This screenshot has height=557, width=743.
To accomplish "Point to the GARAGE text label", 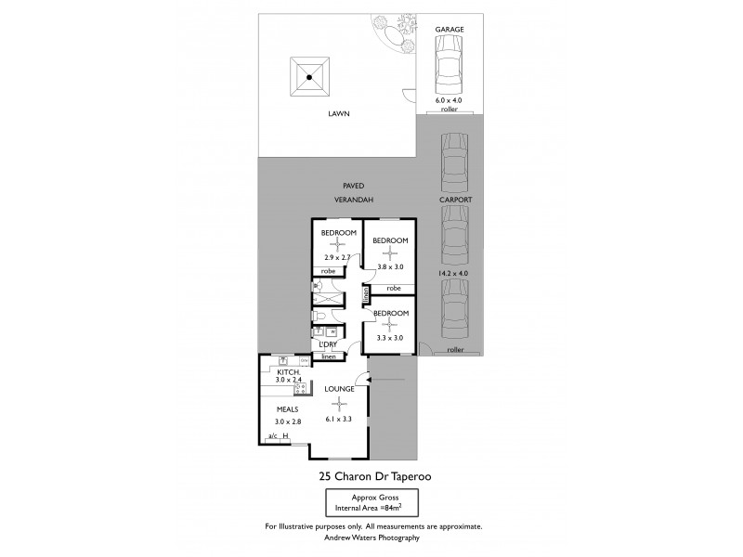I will [450, 30].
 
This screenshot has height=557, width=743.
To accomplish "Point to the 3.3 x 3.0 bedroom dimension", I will [389, 340].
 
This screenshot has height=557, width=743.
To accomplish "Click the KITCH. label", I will [288, 371].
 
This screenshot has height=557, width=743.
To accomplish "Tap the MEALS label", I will [287, 409].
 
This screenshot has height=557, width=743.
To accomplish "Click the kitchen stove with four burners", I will [303, 360].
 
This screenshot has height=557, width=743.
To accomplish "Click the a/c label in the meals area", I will [272, 435].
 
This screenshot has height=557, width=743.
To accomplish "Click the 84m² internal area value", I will [393, 509].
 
